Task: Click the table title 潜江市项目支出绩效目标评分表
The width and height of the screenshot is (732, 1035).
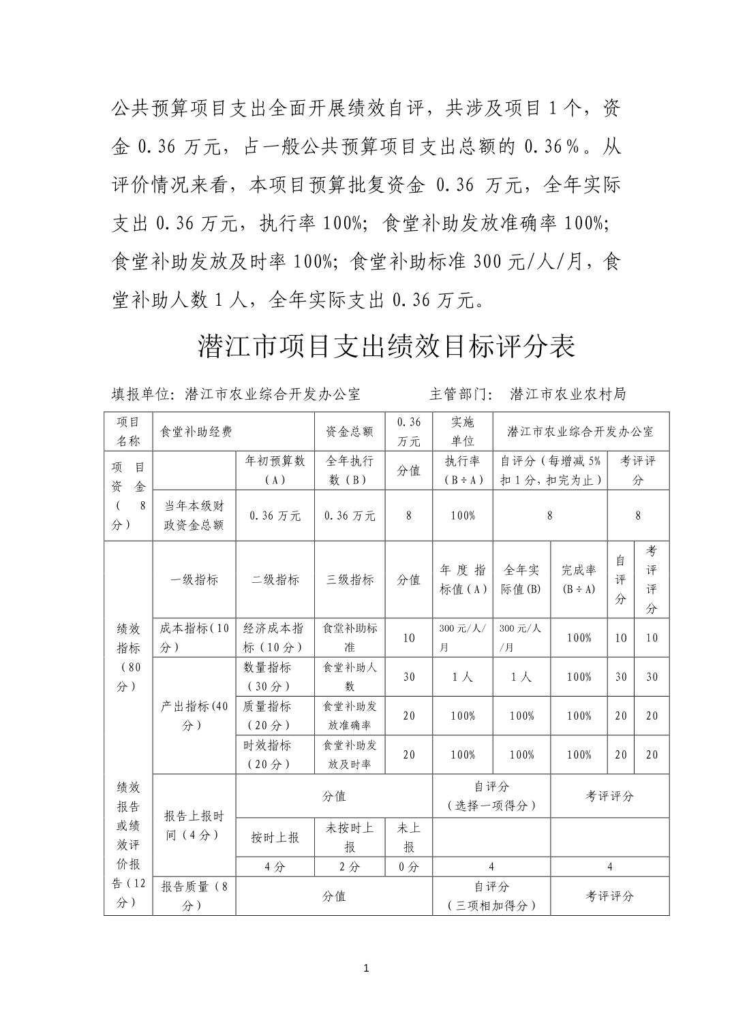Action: (386, 346)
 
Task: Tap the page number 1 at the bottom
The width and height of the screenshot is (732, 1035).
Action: (367, 968)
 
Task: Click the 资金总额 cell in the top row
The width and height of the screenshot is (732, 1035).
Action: (350, 432)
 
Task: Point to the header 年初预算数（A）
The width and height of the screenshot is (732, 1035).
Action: (275, 470)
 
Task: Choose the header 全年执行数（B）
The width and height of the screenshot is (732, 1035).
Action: (350, 470)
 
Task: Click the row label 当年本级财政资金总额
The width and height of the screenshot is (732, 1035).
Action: (194, 515)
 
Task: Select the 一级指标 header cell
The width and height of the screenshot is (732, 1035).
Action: (194, 579)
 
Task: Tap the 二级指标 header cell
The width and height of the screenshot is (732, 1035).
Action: (275, 579)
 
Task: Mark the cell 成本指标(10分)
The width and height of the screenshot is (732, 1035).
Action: (194, 637)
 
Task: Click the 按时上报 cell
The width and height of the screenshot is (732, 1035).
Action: (275, 838)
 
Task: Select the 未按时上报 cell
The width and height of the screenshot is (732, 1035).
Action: (350, 838)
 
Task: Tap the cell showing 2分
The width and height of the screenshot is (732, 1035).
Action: (350, 867)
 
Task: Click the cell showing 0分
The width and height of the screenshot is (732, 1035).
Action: (409, 867)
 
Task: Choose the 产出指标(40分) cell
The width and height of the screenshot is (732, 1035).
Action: (194, 716)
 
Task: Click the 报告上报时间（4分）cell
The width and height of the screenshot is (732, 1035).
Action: (194, 825)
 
